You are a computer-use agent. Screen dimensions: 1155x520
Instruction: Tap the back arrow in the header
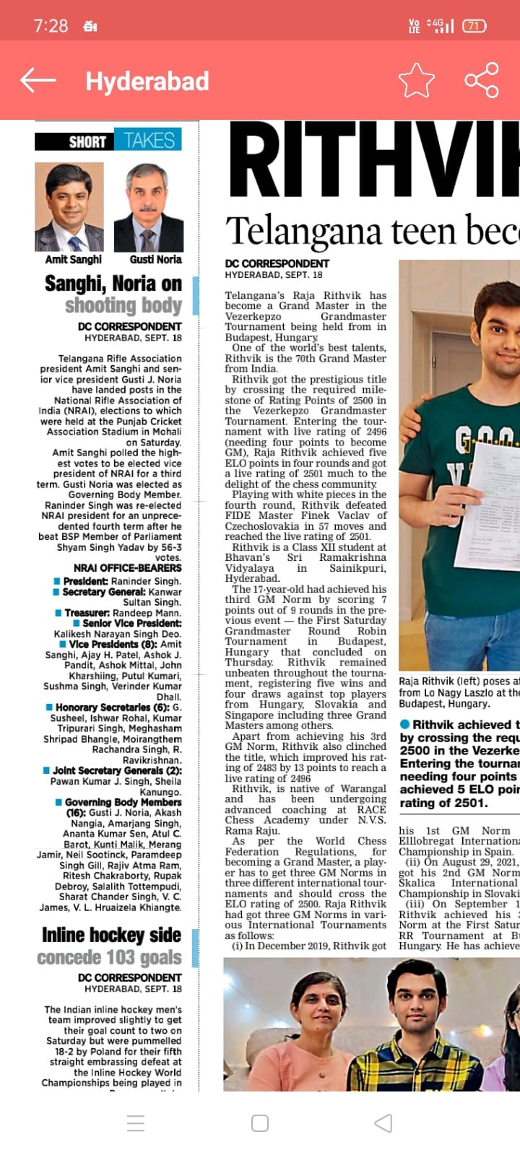pyautogui.click(x=38, y=80)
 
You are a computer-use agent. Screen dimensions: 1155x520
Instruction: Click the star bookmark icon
pyautogui.click(x=416, y=80)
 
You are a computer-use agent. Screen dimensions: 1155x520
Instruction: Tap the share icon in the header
pyautogui.click(x=482, y=80)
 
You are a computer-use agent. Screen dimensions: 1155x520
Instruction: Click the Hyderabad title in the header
pyautogui.click(x=147, y=81)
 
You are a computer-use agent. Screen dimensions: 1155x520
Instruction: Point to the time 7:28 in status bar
pyautogui.click(x=51, y=26)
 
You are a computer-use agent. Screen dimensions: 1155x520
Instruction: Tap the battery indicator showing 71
pyautogui.click(x=474, y=26)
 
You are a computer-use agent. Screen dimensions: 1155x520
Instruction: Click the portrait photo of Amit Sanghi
pyautogui.click(x=69, y=206)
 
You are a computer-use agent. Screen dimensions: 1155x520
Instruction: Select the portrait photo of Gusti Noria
pyautogui.click(x=154, y=206)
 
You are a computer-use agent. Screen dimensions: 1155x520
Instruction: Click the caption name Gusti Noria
pyautogui.click(x=155, y=259)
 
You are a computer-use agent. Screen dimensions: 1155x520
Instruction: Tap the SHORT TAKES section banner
pyautogui.click(x=108, y=140)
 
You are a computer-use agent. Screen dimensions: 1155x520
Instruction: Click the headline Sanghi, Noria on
pyautogui.click(x=113, y=283)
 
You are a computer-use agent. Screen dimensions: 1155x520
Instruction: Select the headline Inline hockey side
pyautogui.click(x=111, y=935)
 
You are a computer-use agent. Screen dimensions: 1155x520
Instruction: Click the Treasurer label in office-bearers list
pyautogui.click(x=87, y=612)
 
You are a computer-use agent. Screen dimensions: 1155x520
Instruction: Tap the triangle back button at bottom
pyautogui.click(x=383, y=1123)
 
